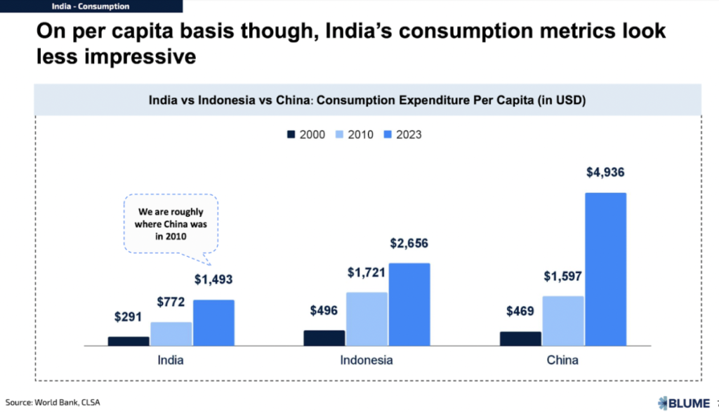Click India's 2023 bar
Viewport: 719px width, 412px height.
point(213,323)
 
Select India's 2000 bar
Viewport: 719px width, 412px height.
point(128,341)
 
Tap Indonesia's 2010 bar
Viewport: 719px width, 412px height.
point(367,319)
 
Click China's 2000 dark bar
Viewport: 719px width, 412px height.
point(520,338)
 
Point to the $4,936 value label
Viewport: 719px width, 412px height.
point(605,173)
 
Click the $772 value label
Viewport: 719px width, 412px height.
point(171,302)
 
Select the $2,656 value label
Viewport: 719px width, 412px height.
point(409,244)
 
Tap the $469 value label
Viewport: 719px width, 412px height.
point(520,312)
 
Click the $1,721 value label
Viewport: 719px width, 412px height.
point(367,272)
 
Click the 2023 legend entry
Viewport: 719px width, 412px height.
point(402,134)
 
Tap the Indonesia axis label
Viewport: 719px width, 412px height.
point(367,361)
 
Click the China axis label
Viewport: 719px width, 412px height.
point(562,361)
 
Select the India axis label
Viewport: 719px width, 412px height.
point(171,361)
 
